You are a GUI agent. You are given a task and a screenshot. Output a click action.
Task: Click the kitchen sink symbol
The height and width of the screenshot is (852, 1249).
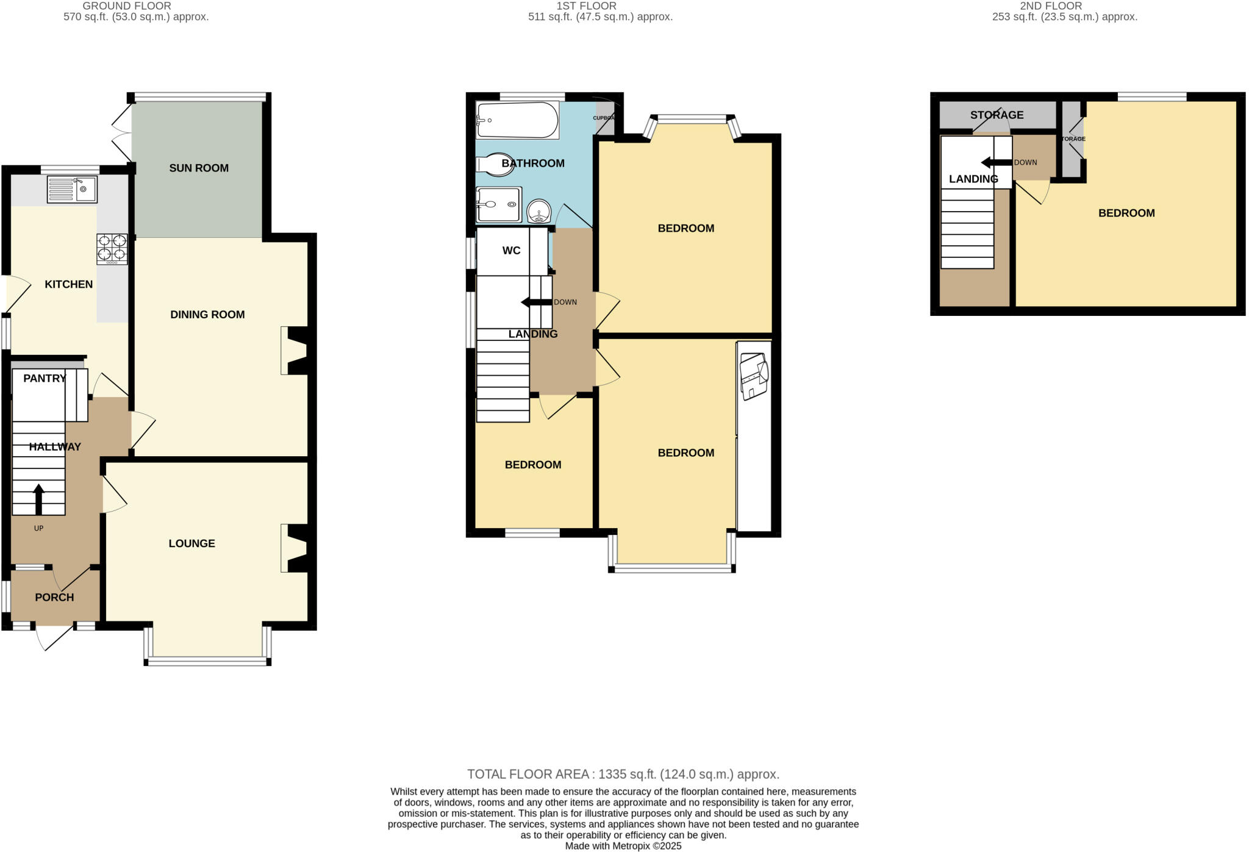[72, 189]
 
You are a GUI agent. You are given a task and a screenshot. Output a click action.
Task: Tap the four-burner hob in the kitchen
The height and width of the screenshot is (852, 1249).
[112, 249]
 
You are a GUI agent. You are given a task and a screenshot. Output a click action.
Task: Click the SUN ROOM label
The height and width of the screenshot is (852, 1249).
[199, 168]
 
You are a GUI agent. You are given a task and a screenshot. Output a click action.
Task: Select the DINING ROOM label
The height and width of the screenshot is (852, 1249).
[207, 315]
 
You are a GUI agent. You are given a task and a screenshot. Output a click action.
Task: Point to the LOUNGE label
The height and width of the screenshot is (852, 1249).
[191, 543]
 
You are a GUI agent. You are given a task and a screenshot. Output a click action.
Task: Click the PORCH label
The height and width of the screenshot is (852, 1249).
[54, 597]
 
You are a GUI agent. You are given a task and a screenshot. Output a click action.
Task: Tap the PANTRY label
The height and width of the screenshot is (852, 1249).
[45, 378]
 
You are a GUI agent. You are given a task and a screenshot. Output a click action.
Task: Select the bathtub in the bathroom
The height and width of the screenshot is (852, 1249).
[517, 120]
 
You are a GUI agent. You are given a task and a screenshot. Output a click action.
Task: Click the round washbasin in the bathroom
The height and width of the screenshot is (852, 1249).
[539, 212]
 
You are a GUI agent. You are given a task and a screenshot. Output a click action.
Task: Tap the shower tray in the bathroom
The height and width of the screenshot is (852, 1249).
[498, 204]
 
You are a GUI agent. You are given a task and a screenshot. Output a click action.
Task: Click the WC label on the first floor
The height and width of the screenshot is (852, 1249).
[511, 251]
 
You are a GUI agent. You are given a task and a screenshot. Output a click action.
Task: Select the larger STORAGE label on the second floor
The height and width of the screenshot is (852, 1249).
[997, 115]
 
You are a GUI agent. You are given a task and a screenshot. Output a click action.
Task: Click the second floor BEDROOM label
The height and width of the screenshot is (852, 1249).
[1126, 213]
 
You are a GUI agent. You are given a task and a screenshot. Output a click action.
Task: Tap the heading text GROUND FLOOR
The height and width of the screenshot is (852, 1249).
[127, 6]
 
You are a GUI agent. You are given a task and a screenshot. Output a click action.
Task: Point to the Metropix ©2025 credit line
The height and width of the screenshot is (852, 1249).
[623, 846]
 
